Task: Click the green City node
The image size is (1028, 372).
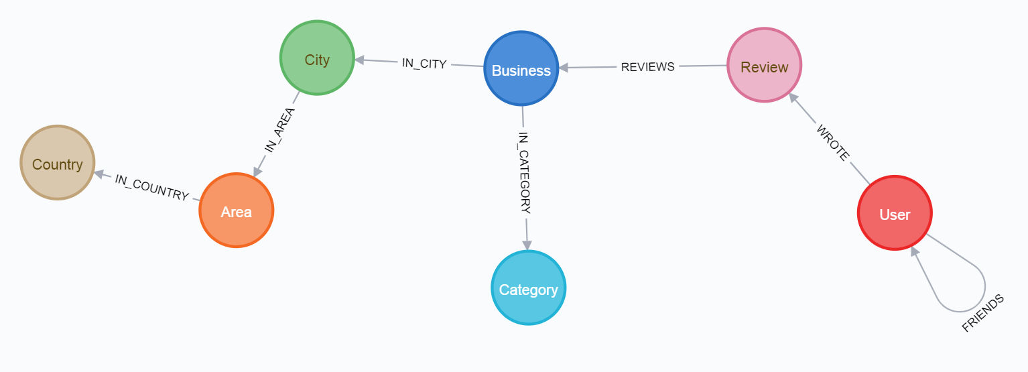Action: pos(317,59)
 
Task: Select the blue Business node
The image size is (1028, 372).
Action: pos(521,70)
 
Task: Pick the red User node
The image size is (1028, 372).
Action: pos(894,214)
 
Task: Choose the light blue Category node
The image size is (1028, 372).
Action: pos(528,289)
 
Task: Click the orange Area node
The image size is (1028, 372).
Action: pos(236,211)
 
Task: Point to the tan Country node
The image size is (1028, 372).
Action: pos(57,164)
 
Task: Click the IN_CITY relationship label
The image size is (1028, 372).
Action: pos(424,64)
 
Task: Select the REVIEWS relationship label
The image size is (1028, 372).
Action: pos(647,66)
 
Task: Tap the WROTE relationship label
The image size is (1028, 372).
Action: pos(832,142)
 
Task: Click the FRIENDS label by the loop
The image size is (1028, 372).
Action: pos(983,313)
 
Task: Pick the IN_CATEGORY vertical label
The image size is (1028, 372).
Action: pos(524,173)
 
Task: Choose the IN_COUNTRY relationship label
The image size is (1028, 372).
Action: pos(151,188)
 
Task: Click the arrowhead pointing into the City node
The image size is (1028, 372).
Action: pos(359,60)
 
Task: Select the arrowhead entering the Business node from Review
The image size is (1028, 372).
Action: pos(564,67)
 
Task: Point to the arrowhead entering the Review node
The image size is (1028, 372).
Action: pos(793,98)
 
